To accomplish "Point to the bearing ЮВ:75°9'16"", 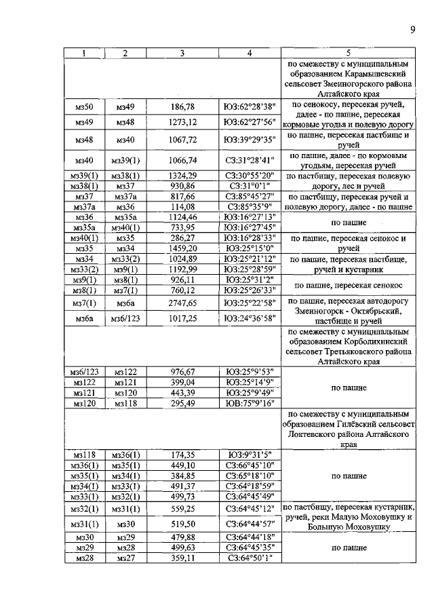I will (249, 404).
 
